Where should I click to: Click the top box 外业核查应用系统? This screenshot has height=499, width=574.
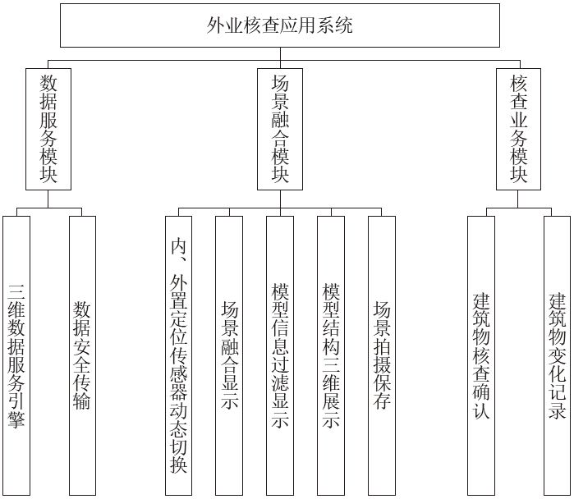pos(280,25)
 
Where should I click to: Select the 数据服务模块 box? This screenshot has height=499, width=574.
pos(48,129)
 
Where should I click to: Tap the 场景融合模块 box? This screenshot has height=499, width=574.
pos(280,129)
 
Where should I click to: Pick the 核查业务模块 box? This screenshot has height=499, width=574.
pos(518,129)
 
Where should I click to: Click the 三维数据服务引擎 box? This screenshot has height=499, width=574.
pos(16,355)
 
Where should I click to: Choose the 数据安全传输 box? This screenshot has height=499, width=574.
pos(82,355)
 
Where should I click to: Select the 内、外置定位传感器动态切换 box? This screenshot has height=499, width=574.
pos(179,355)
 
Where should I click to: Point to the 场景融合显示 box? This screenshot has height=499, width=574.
pos(229,355)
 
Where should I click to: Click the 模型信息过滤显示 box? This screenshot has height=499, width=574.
pos(280,355)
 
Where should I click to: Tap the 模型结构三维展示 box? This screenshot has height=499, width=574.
pos(331,355)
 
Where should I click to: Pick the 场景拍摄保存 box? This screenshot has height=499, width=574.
pos(382,355)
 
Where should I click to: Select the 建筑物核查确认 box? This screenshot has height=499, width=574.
pos(481,355)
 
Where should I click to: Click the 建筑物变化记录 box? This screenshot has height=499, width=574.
pos(557,355)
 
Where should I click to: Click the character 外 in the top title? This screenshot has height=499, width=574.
pos(216,25)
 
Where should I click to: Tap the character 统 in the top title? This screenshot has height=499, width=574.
pos(343,25)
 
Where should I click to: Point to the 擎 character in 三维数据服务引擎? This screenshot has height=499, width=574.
pos(16,419)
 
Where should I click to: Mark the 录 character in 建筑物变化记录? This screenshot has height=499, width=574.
pos(557,410)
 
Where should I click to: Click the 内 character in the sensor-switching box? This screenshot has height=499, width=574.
pos(179,246)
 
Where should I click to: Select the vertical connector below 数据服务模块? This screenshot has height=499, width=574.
pos(48,199)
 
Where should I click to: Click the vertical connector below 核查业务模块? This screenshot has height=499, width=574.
pos(518,199)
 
